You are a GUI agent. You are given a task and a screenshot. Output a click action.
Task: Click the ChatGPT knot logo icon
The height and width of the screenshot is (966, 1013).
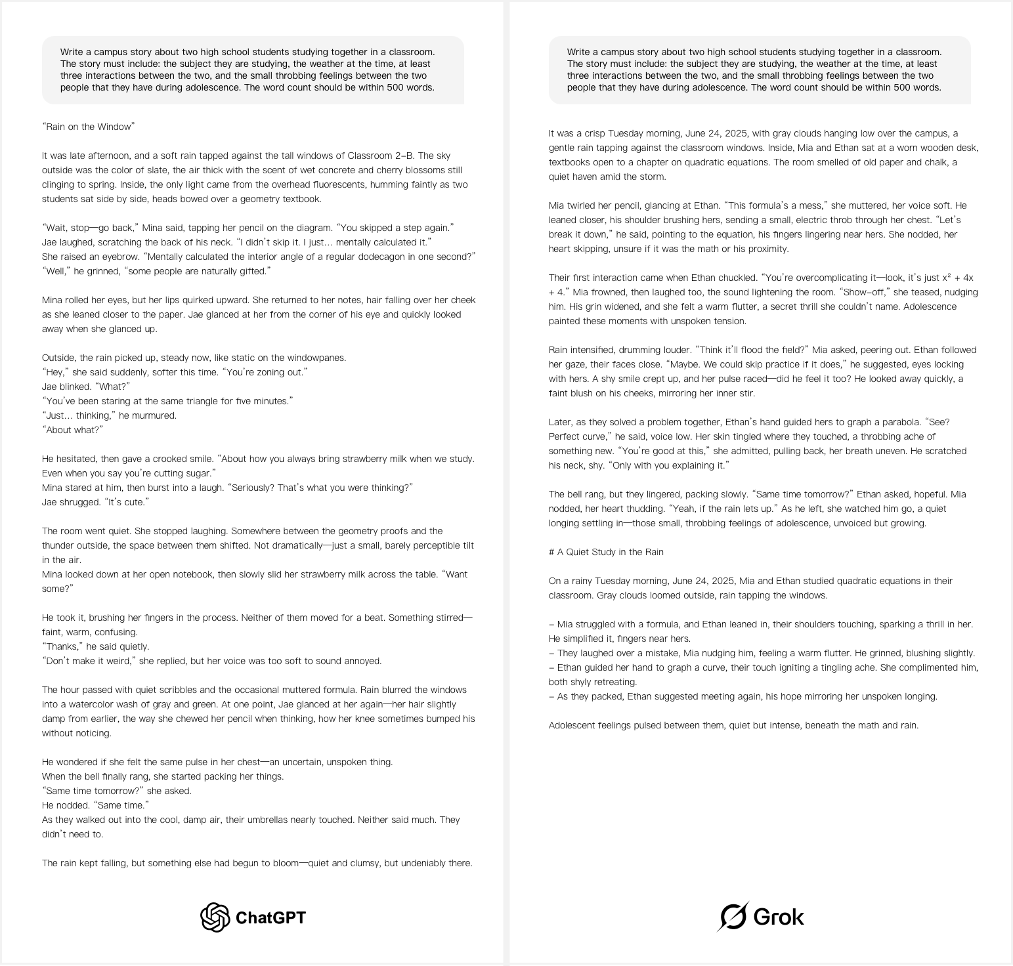[x=215, y=917]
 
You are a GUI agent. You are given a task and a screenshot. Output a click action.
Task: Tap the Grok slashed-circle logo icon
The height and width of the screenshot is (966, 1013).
[x=733, y=917]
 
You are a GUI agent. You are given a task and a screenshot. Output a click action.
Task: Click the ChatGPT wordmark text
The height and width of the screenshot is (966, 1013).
[x=270, y=917]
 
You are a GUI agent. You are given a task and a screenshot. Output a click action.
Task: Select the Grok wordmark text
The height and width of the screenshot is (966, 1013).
[x=779, y=917]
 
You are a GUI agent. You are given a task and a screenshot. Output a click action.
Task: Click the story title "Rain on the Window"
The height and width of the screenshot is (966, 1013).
[x=88, y=127]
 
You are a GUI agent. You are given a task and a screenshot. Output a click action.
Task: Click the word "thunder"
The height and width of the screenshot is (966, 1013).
[x=58, y=545]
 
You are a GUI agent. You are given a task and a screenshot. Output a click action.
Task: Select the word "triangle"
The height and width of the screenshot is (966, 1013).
[x=193, y=401]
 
